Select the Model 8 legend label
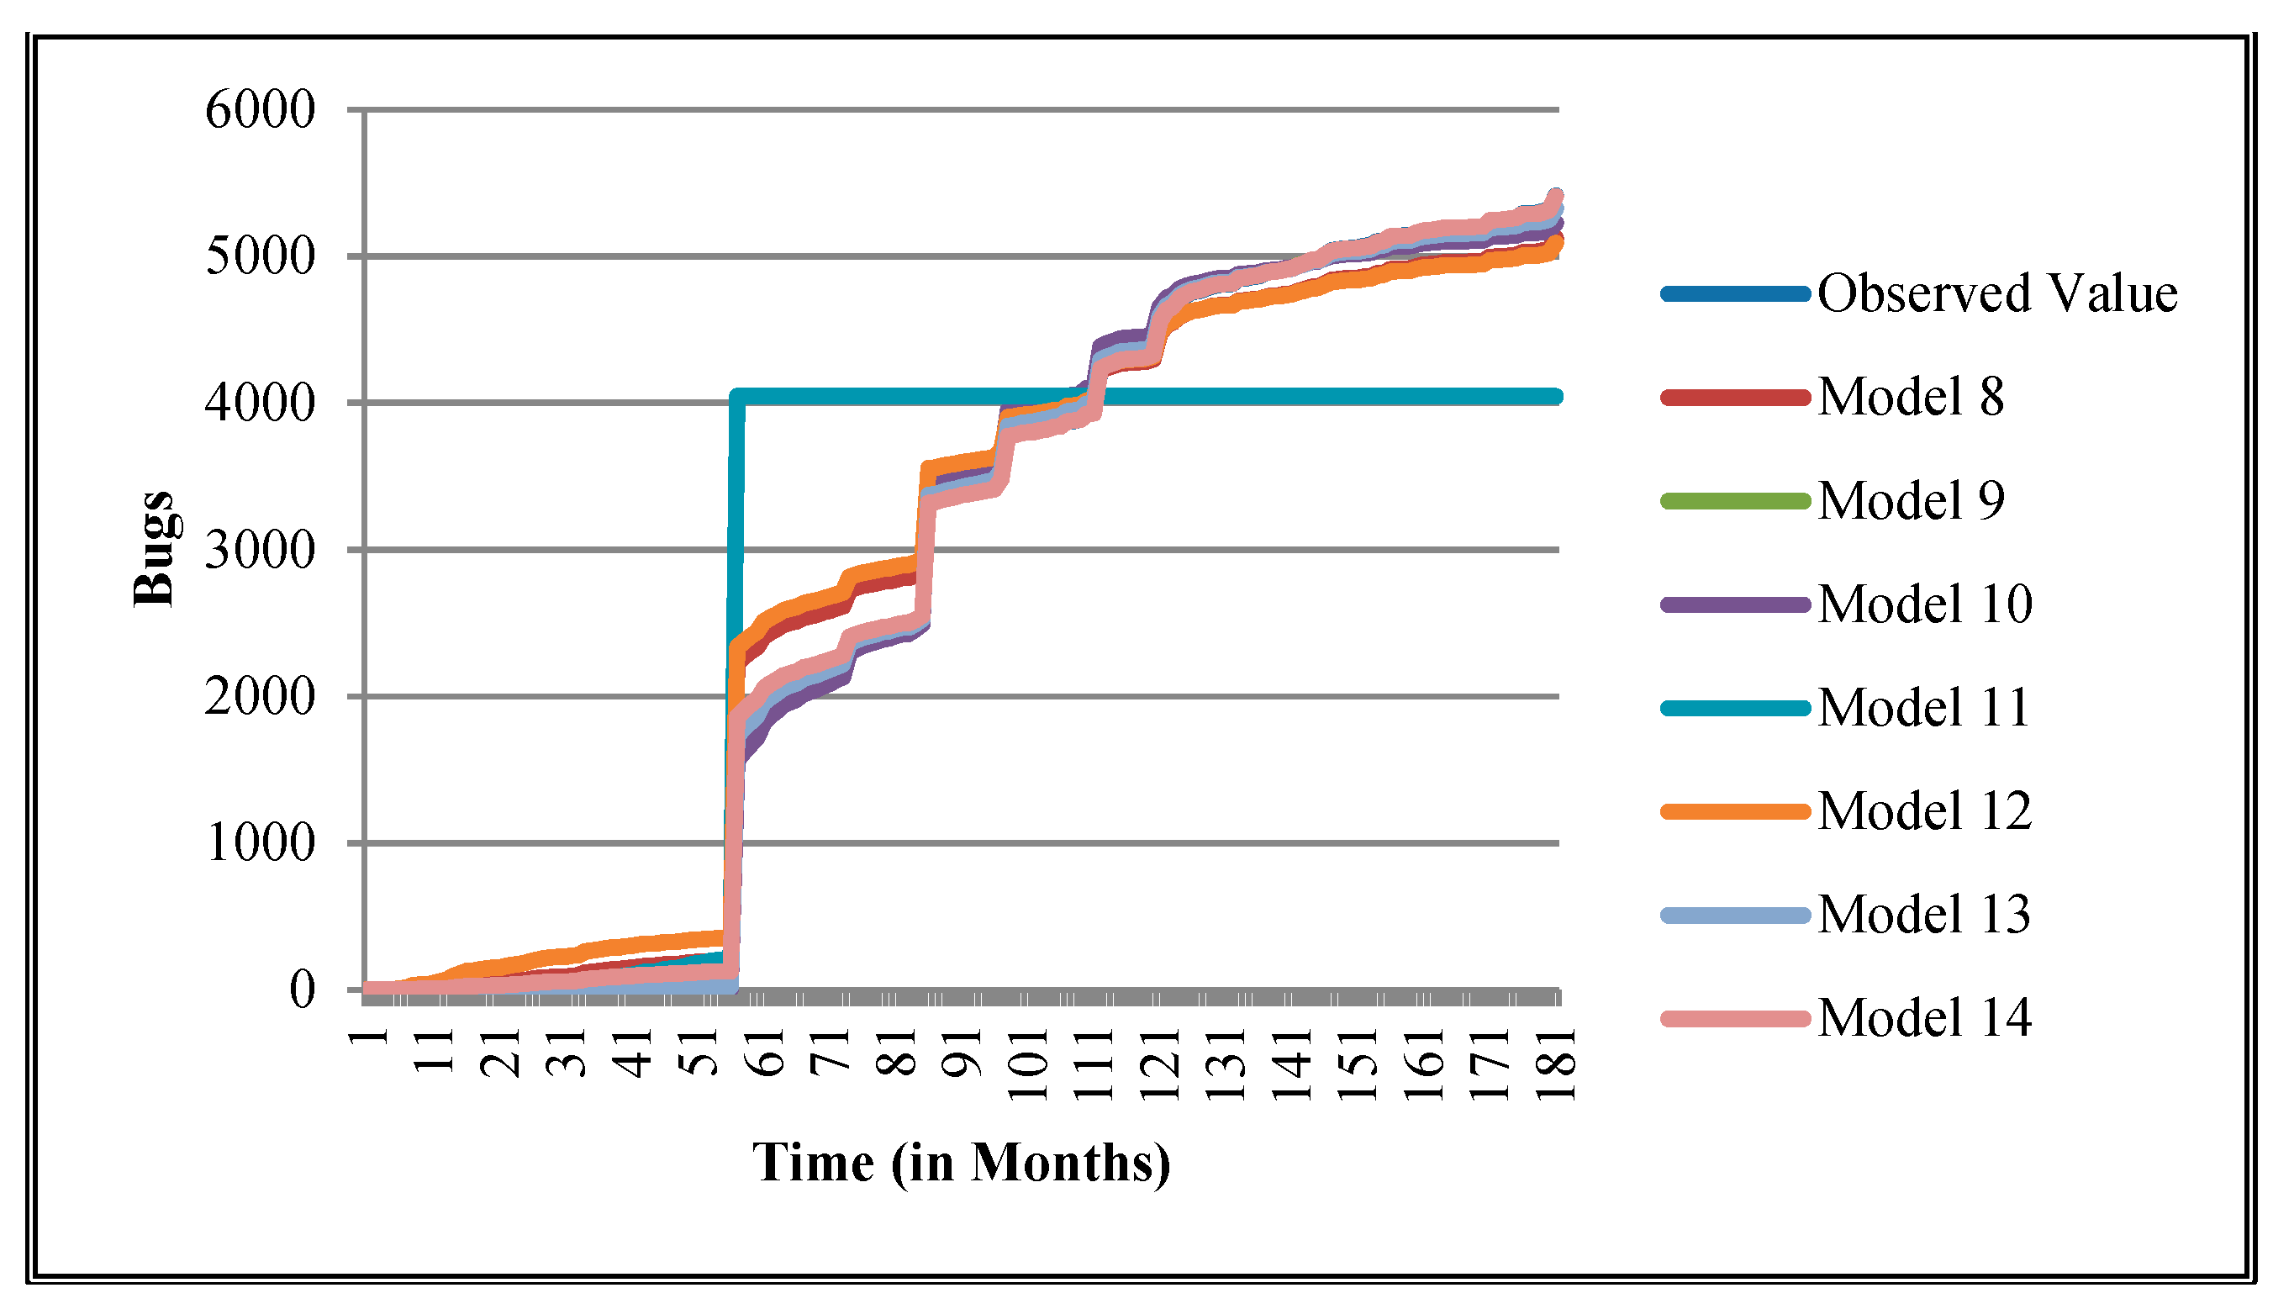click(x=1910, y=398)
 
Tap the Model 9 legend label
click(x=1910, y=501)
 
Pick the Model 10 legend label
click(x=1924, y=604)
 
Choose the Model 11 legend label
click(x=1923, y=708)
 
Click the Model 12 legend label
click(x=1924, y=811)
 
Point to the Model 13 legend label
click(x=1923, y=915)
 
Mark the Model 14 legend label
click(x=1924, y=1018)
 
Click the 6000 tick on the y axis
click(x=261, y=111)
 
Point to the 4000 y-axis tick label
click(x=261, y=403)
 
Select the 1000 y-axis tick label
click(x=261, y=843)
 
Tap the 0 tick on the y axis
click(x=303, y=990)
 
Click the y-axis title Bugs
click(x=154, y=549)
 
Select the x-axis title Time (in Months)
click(x=961, y=1163)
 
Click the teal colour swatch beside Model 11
click(x=1735, y=709)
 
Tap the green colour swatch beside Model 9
click(x=1735, y=502)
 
